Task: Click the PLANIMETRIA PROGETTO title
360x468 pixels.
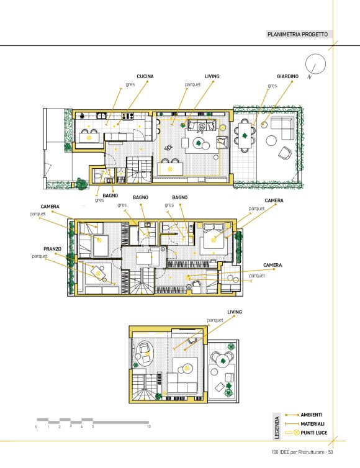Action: pyautogui.click(x=297, y=34)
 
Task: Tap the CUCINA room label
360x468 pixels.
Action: pyautogui.click(x=145, y=76)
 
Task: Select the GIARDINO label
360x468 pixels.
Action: pyautogui.click(x=287, y=76)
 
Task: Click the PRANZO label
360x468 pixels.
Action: pyautogui.click(x=52, y=249)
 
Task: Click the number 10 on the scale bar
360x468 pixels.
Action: pyautogui.click(x=149, y=427)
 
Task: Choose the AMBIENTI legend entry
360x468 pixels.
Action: pyautogui.click(x=312, y=415)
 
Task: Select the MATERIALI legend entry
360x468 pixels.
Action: pyautogui.click(x=312, y=424)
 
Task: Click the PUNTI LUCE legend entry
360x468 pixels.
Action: pyautogui.click(x=313, y=433)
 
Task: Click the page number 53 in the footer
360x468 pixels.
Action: pyautogui.click(x=330, y=452)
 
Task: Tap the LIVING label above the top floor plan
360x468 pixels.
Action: pyautogui.click(x=212, y=76)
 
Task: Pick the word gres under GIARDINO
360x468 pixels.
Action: pyautogui.click(x=272, y=86)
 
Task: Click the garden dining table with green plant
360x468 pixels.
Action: pyautogui.click(x=245, y=136)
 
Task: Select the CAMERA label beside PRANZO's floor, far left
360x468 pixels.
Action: pyautogui.click(x=50, y=207)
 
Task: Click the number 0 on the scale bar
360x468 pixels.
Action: pyautogui.click(x=37, y=427)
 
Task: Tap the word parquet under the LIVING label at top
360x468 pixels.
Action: pyautogui.click(x=192, y=85)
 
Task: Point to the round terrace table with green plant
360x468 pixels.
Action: pyautogui.click(x=222, y=361)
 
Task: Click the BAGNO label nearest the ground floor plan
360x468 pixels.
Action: pyautogui.click(x=110, y=196)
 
